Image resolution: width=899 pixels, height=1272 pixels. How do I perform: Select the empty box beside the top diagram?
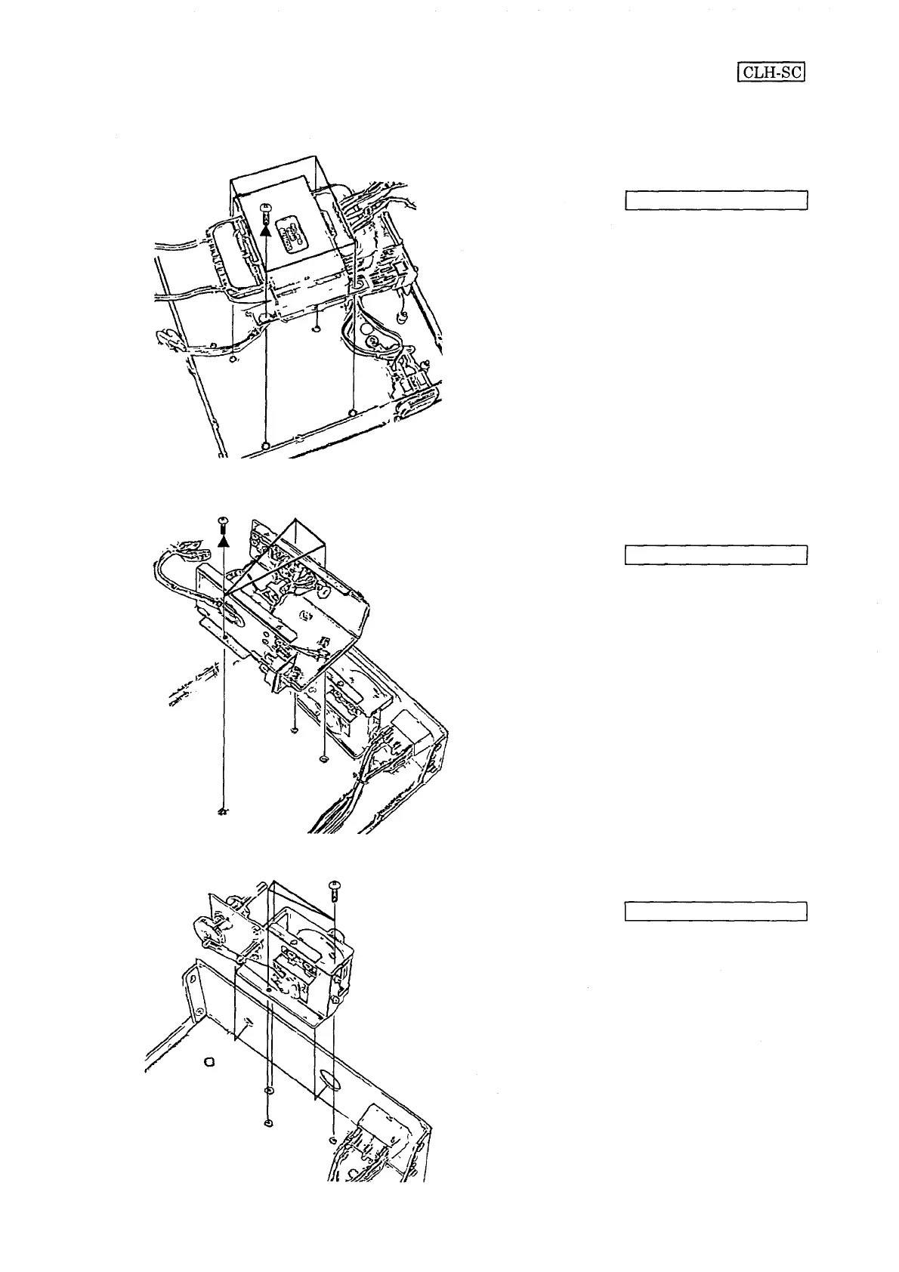716,200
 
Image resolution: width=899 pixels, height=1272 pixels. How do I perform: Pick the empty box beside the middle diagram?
716,554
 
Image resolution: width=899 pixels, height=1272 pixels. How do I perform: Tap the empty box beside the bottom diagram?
716,911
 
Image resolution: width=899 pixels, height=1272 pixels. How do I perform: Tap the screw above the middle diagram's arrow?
222,521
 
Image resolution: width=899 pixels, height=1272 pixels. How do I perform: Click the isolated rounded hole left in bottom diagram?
210,1061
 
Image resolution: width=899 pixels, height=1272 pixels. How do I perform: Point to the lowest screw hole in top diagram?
265,446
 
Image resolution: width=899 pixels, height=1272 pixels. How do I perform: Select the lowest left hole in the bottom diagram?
268,1123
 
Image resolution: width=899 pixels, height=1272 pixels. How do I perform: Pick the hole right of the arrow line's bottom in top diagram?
353,412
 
